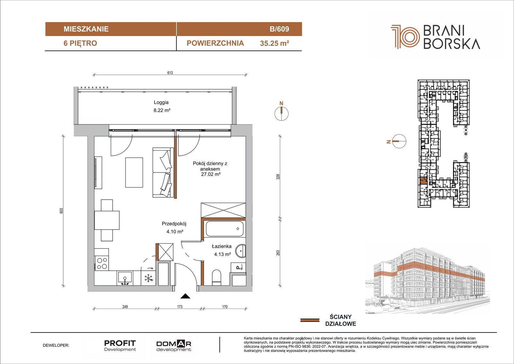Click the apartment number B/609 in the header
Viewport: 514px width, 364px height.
point(279,29)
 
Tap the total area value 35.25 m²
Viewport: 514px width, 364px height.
point(274,43)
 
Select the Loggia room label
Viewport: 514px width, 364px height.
point(161,102)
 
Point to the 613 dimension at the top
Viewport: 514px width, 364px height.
point(170,73)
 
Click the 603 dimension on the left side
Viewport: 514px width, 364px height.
point(61,210)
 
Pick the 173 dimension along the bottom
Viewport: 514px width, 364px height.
point(180,306)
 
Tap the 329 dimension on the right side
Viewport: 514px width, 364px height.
point(278,177)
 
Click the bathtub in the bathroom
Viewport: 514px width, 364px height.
point(225,229)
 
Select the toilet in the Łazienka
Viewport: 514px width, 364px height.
point(217,277)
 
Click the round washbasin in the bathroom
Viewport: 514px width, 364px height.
point(241,251)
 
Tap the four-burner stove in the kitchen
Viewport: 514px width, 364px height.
point(102,263)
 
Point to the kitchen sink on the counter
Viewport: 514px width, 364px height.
point(125,278)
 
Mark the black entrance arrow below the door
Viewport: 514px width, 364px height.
point(185,296)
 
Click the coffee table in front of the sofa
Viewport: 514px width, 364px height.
point(134,173)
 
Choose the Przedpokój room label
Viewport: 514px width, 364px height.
point(174,223)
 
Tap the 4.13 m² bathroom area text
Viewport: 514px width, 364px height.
point(222,254)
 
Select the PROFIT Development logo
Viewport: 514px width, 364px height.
point(120,346)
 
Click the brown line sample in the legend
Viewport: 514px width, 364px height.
point(310,320)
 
